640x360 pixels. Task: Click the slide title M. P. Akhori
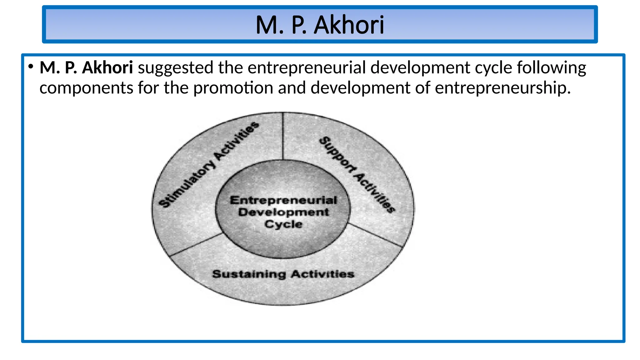click(320, 25)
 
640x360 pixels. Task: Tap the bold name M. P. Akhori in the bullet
click(86, 68)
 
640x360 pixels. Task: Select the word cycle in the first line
click(494, 68)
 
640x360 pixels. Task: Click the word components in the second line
click(86, 88)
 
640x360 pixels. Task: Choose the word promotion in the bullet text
click(233, 88)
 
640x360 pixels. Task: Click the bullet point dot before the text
click(30, 67)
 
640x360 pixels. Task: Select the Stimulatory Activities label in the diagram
click(209, 165)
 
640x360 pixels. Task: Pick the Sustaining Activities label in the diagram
click(283, 274)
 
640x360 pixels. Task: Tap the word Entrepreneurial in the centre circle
click(283, 200)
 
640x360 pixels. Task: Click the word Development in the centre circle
click(283, 212)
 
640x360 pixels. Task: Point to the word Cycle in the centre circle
click(283, 224)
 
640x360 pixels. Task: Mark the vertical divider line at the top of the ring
click(283, 136)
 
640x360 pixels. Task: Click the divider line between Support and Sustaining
click(375, 235)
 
